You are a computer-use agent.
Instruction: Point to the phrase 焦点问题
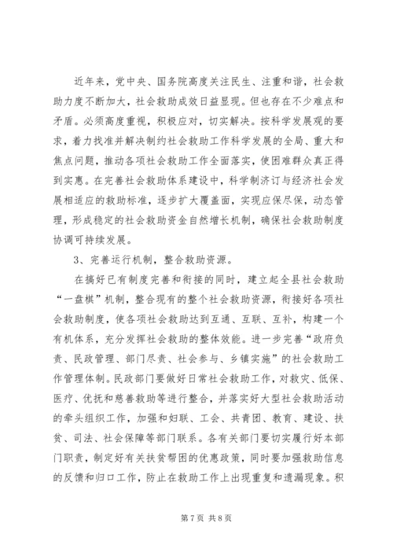75,160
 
